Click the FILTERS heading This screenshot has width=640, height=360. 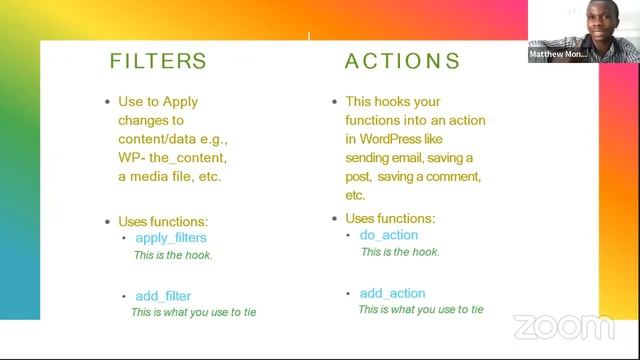click(158, 61)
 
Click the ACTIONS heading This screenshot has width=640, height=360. click(402, 61)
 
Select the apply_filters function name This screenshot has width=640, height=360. click(170, 238)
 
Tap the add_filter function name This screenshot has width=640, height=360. click(163, 296)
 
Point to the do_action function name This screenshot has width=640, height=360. click(389, 235)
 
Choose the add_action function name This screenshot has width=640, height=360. click(392, 293)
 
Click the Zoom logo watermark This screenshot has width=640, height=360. click(564, 327)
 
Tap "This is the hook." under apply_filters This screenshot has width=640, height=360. click(173, 255)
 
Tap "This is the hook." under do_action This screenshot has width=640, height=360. click(400, 252)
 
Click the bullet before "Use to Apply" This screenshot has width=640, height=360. click(107, 102)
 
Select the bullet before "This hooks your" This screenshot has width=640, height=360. click(334, 102)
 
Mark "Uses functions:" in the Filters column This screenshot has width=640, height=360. click(163, 221)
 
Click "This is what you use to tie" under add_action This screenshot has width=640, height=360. click(421, 310)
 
